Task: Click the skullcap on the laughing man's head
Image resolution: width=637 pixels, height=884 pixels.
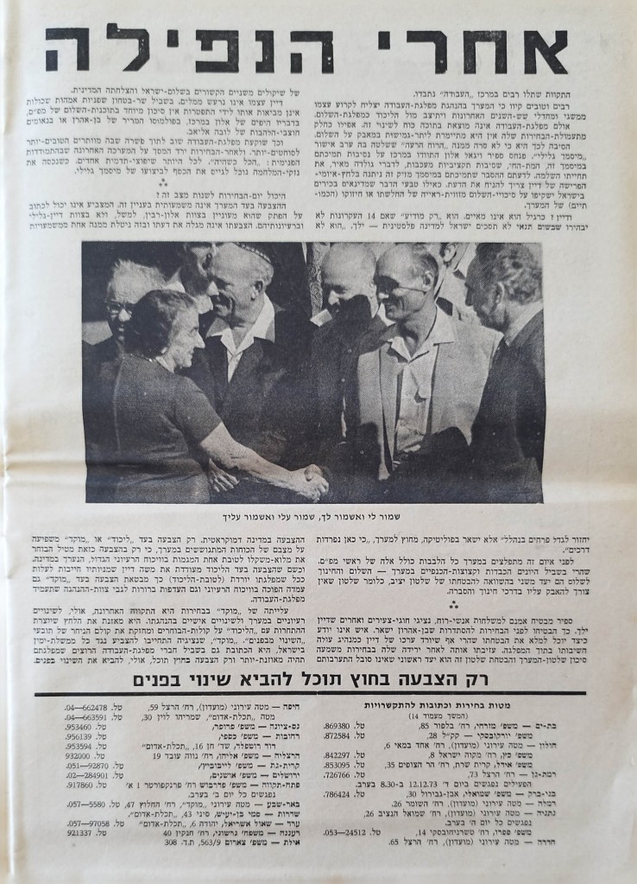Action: tap(237, 254)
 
